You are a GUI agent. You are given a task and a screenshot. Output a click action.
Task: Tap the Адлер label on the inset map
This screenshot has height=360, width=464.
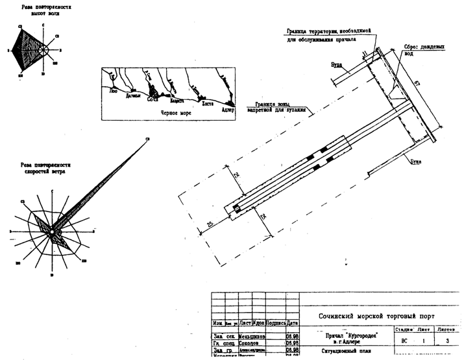[x=227, y=109]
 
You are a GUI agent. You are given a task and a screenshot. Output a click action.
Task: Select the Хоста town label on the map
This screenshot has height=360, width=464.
[x=208, y=103]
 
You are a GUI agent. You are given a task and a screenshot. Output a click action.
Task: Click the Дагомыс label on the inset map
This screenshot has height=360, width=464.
[x=133, y=95]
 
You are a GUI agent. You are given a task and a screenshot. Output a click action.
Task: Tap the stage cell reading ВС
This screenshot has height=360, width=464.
[x=404, y=341]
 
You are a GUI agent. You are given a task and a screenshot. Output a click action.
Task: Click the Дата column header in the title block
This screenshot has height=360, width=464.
[x=293, y=322]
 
